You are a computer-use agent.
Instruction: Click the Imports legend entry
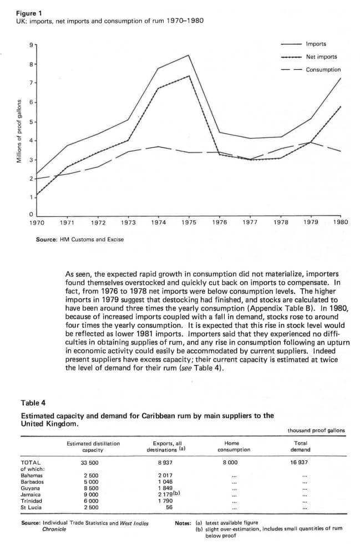[316, 44]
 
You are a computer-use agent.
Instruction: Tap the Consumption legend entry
[323, 70]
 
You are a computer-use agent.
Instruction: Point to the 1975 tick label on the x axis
[188, 222]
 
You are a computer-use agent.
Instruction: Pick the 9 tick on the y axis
[31, 45]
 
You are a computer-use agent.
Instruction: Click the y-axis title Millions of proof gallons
[18, 131]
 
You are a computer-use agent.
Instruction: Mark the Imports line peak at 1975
[189, 55]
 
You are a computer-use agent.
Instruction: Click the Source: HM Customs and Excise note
[79, 240]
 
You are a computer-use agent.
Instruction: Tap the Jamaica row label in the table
[32, 494]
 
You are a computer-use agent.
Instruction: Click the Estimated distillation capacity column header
[93, 446]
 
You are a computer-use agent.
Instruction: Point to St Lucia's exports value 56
[169, 507]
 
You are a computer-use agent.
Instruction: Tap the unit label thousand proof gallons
[316, 430]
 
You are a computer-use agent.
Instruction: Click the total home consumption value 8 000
[230, 462]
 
